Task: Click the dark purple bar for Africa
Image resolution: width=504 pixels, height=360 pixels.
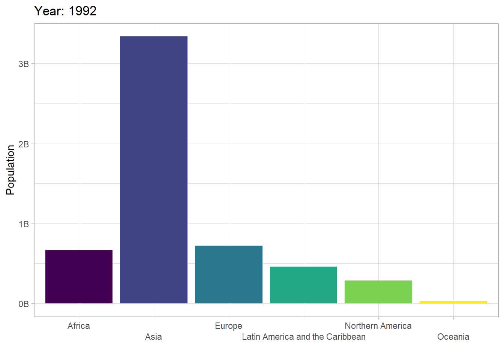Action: tap(79, 277)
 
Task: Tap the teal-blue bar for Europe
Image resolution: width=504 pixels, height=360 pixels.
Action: tap(229, 274)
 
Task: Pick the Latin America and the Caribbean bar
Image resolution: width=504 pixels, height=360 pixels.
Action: tap(303, 285)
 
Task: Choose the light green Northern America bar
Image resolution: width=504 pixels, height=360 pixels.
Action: tap(378, 292)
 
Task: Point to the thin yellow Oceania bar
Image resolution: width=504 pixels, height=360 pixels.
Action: tap(453, 302)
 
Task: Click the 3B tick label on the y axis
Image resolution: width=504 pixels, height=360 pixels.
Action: tap(24, 64)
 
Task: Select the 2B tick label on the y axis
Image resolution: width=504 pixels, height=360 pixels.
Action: tap(24, 144)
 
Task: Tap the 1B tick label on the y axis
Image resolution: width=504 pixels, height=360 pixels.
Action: tap(24, 224)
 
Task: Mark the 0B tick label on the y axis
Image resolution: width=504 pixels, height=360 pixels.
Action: tap(24, 304)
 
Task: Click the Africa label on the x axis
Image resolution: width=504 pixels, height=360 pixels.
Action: tap(79, 326)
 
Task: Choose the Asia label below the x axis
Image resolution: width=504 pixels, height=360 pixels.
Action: tap(154, 337)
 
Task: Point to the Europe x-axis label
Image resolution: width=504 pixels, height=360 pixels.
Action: tap(229, 326)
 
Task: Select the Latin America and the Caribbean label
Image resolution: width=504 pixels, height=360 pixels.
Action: tap(303, 337)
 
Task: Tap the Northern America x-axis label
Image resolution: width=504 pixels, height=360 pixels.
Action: tap(378, 326)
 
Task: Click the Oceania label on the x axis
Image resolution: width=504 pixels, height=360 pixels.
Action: tap(453, 337)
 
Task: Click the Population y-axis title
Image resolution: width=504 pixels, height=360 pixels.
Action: tap(10, 170)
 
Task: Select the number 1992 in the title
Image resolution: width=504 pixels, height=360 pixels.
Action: tap(82, 11)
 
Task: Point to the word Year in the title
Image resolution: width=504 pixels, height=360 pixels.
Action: tap(49, 11)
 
